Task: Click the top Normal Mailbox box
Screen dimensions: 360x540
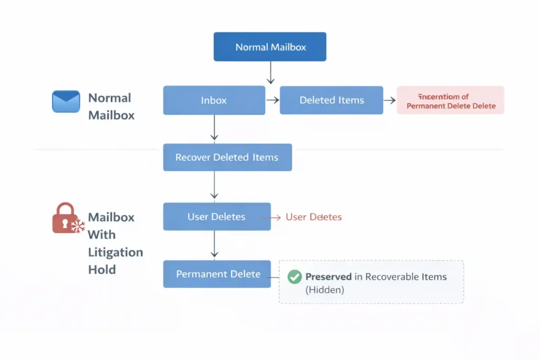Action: pyautogui.click(x=270, y=47)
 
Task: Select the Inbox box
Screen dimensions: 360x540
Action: pyautogui.click(x=214, y=100)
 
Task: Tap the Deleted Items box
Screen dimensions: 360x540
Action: pyautogui.click(x=331, y=100)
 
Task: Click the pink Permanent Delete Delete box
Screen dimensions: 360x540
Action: pyautogui.click(x=450, y=101)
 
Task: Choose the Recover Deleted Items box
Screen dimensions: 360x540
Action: pyautogui.click(x=227, y=157)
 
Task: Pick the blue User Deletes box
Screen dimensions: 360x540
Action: pyautogui.click(x=216, y=217)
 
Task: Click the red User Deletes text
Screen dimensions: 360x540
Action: pyautogui.click(x=313, y=217)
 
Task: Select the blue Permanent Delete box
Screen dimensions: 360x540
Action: pyautogui.click(x=217, y=274)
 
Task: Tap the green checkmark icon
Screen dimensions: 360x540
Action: pyautogui.click(x=294, y=277)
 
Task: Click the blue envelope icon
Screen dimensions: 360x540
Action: pyautogui.click(x=66, y=101)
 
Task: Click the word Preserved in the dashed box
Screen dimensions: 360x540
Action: pyautogui.click(x=328, y=277)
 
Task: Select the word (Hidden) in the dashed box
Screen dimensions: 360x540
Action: pyautogui.click(x=324, y=289)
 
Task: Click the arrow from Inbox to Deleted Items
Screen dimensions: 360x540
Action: pyautogui.click(x=272, y=100)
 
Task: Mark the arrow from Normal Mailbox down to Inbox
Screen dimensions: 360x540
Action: pyautogui.click(x=270, y=73)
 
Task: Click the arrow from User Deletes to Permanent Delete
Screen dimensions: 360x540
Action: pyautogui.click(x=214, y=245)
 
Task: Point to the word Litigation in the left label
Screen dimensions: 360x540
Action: pyautogui.click(x=115, y=252)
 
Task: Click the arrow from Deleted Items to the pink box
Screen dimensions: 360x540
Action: pyautogui.click(x=389, y=100)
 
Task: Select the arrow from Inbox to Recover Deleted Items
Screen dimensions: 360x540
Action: pyautogui.click(x=214, y=128)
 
